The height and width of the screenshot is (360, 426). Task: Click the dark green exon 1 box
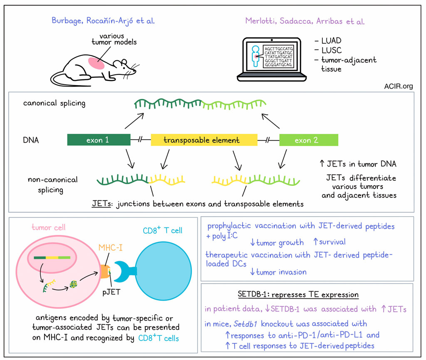[99, 140]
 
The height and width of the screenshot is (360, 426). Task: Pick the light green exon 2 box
[308, 140]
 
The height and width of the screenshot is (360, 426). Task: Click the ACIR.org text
[400, 86]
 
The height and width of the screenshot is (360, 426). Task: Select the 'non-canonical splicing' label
[52, 185]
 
